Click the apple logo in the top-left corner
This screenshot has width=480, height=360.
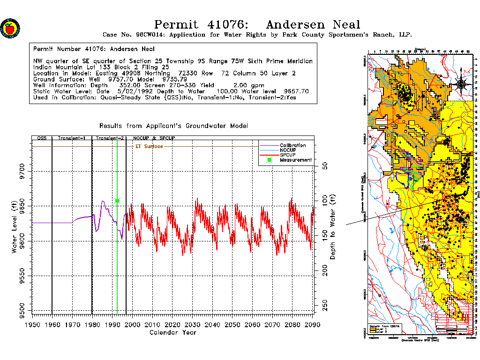click(x=9, y=28)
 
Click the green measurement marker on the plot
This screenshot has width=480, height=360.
click(x=117, y=201)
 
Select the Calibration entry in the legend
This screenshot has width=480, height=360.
click(x=292, y=145)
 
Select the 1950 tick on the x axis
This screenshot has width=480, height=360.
click(x=32, y=325)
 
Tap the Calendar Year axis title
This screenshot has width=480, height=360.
click(x=172, y=332)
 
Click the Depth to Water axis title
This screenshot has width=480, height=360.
click(x=333, y=227)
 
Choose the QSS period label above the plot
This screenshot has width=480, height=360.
click(x=42, y=139)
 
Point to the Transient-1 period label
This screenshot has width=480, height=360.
click(x=71, y=139)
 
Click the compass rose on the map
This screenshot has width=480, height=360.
click(x=461, y=84)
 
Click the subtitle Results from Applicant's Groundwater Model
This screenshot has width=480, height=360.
click(x=173, y=126)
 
